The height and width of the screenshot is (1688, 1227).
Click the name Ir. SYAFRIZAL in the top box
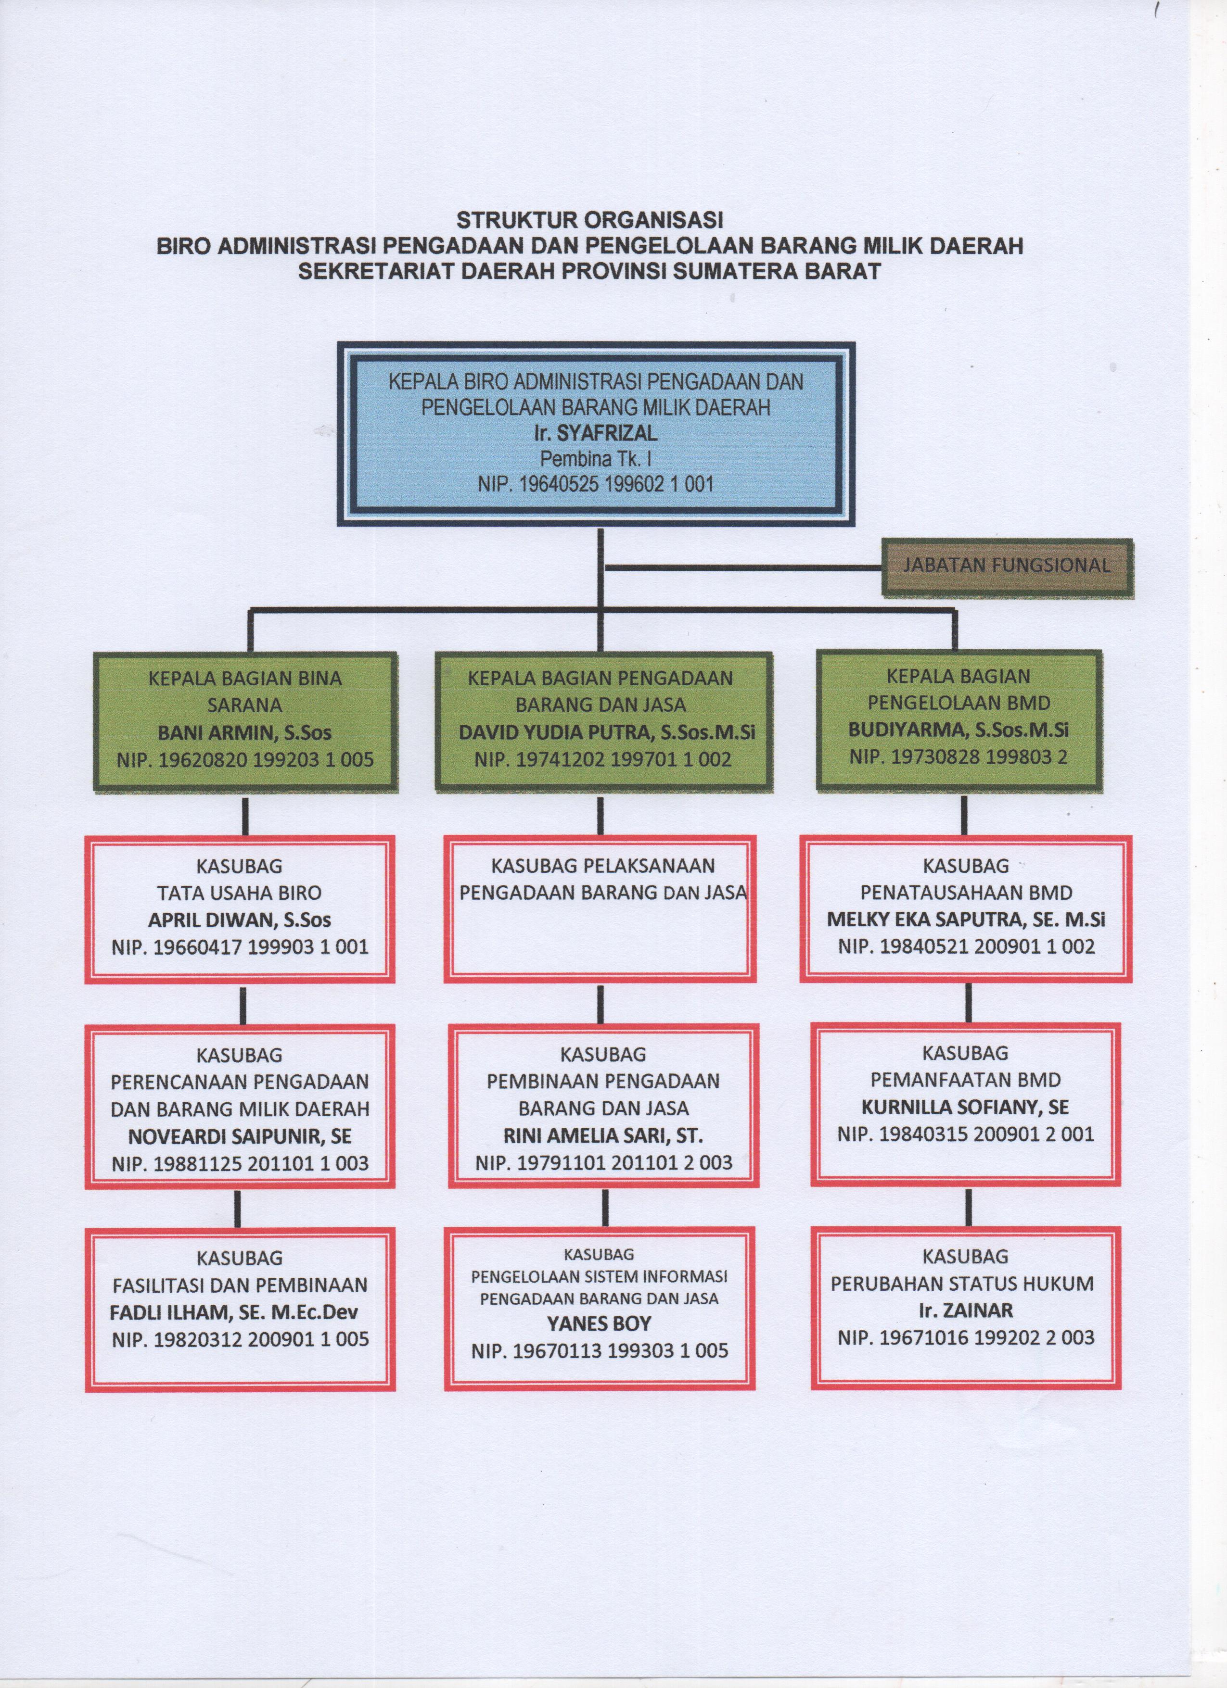[x=596, y=433]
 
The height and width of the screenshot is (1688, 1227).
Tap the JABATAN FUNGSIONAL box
[x=1007, y=565]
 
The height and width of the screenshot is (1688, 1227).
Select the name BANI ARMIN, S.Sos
[x=244, y=733]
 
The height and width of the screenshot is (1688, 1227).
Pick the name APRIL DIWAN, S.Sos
[x=240, y=920]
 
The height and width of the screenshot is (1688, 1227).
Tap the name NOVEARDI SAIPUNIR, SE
[x=240, y=1136]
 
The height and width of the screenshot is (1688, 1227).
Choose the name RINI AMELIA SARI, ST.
[x=603, y=1136]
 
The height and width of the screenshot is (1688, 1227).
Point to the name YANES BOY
[x=600, y=1324]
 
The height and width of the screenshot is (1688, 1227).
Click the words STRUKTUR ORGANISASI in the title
[x=589, y=220]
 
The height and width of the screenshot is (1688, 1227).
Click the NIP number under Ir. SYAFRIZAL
[x=596, y=485]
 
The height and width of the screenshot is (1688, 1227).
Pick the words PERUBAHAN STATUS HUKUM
[x=962, y=1284]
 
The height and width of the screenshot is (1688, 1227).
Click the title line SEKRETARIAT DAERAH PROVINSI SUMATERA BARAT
[x=589, y=271]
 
